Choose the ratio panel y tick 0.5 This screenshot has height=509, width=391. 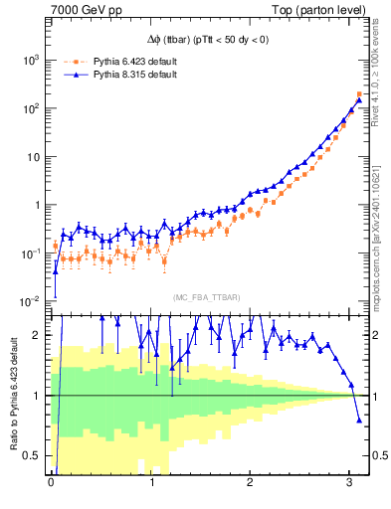click(x=36, y=455)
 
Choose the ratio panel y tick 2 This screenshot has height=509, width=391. click(x=40, y=335)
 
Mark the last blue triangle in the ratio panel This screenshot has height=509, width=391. click(x=359, y=420)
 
